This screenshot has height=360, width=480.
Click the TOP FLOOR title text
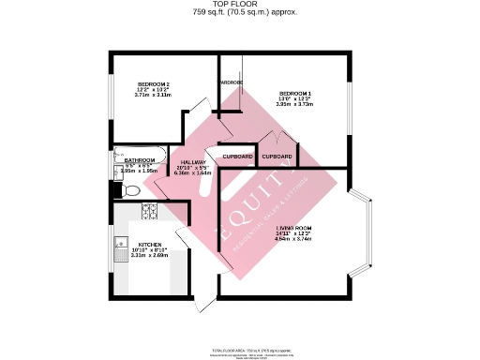click(239, 5)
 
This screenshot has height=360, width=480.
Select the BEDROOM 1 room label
click(295, 93)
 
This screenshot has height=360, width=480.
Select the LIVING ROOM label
click(293, 228)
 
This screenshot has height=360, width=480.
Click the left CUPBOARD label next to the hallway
click(237, 156)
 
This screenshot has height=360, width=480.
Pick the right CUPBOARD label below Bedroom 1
click(277, 156)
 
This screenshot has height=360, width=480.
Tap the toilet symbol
click(130, 190)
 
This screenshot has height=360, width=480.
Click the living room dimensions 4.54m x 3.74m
click(293, 239)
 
